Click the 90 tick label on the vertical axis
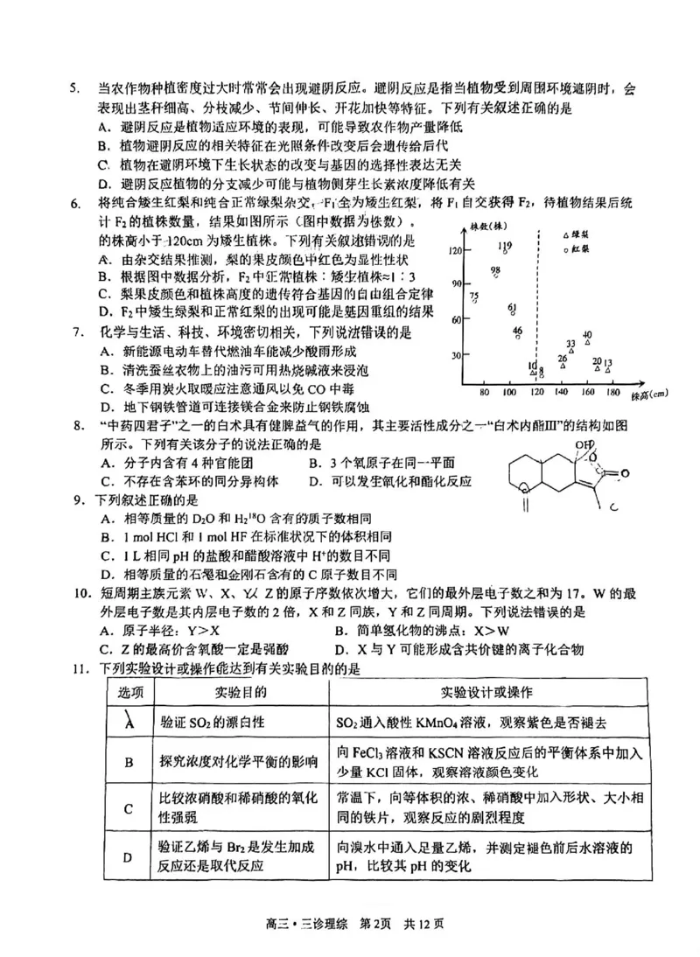coord(456,283)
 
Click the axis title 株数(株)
coord(474,227)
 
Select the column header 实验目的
coord(241,692)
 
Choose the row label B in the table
coord(129,762)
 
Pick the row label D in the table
coord(129,856)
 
